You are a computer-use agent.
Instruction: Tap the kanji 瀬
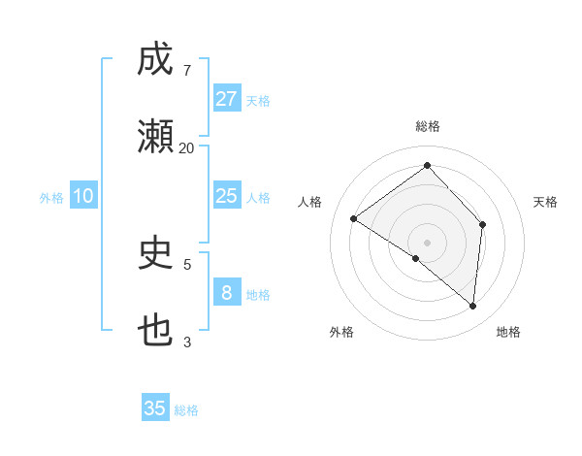[x=155, y=137]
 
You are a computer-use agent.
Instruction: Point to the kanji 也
[x=155, y=330]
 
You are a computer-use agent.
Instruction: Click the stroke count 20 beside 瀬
[x=186, y=147]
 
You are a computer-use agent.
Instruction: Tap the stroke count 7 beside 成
[x=186, y=70]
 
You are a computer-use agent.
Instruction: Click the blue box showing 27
[x=226, y=98]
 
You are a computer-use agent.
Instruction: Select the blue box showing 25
[x=226, y=196]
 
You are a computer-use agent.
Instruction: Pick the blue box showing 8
[x=226, y=292]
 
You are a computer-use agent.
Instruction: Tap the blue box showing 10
[x=83, y=196]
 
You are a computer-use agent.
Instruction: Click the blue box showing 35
[x=155, y=408]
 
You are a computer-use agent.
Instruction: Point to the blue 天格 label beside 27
[x=258, y=101]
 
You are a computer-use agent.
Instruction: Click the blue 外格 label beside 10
[x=51, y=198]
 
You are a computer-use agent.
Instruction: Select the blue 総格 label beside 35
[x=186, y=410]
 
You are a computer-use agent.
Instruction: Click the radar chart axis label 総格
[x=427, y=126]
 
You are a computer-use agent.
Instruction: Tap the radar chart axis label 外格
[x=341, y=333]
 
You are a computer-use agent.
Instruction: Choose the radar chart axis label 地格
[x=508, y=333]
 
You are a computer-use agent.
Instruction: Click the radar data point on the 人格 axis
[x=354, y=219]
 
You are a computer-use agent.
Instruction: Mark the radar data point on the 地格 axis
[x=472, y=306]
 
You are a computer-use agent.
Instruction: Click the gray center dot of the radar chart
[x=427, y=242]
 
